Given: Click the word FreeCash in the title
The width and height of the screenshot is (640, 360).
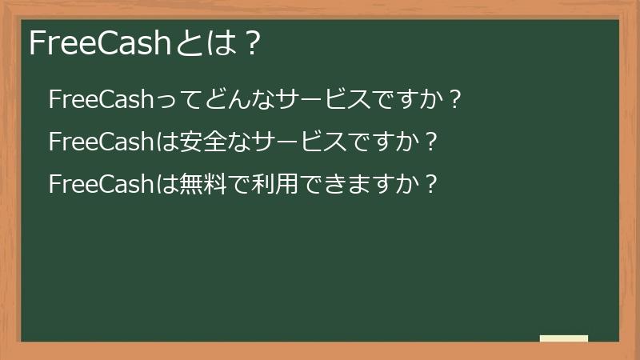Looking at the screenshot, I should click(99, 43).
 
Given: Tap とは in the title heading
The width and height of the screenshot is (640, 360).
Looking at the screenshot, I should click(197, 43).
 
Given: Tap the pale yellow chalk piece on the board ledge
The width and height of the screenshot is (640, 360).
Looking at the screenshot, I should click(563, 338).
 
